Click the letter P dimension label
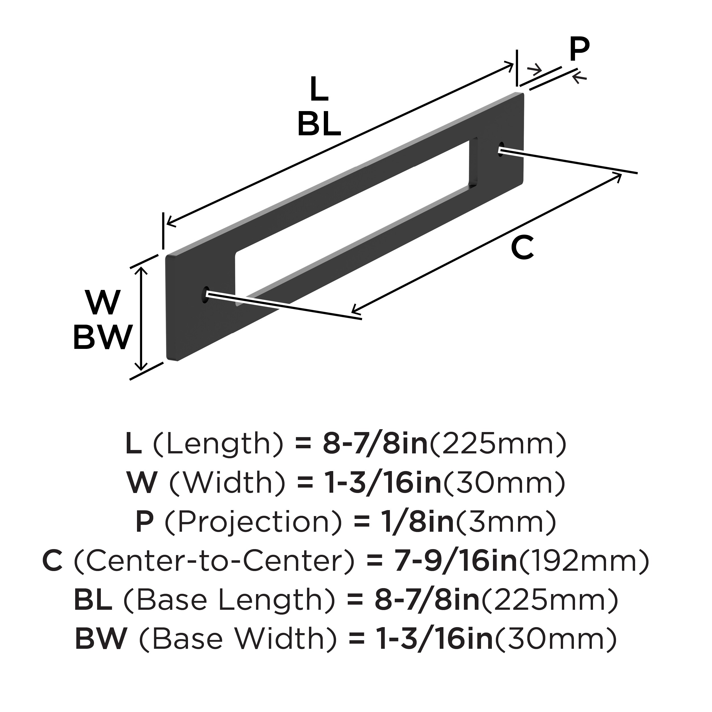(579, 49)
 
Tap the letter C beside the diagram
(522, 248)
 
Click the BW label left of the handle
(103, 337)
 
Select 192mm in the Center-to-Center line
(584, 562)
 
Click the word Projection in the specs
(253, 523)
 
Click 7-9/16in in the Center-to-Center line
(456, 562)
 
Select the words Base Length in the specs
(229, 601)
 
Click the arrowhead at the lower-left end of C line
(355, 308)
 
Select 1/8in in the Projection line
(418, 522)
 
